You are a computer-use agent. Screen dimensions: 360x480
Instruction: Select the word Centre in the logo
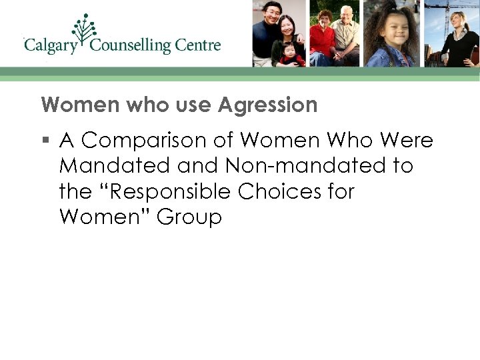(x=198, y=46)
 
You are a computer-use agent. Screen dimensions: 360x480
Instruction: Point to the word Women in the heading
(x=69, y=105)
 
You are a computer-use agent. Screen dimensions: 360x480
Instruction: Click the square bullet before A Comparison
(x=45, y=141)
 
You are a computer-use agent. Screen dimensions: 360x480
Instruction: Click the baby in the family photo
(x=291, y=53)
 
